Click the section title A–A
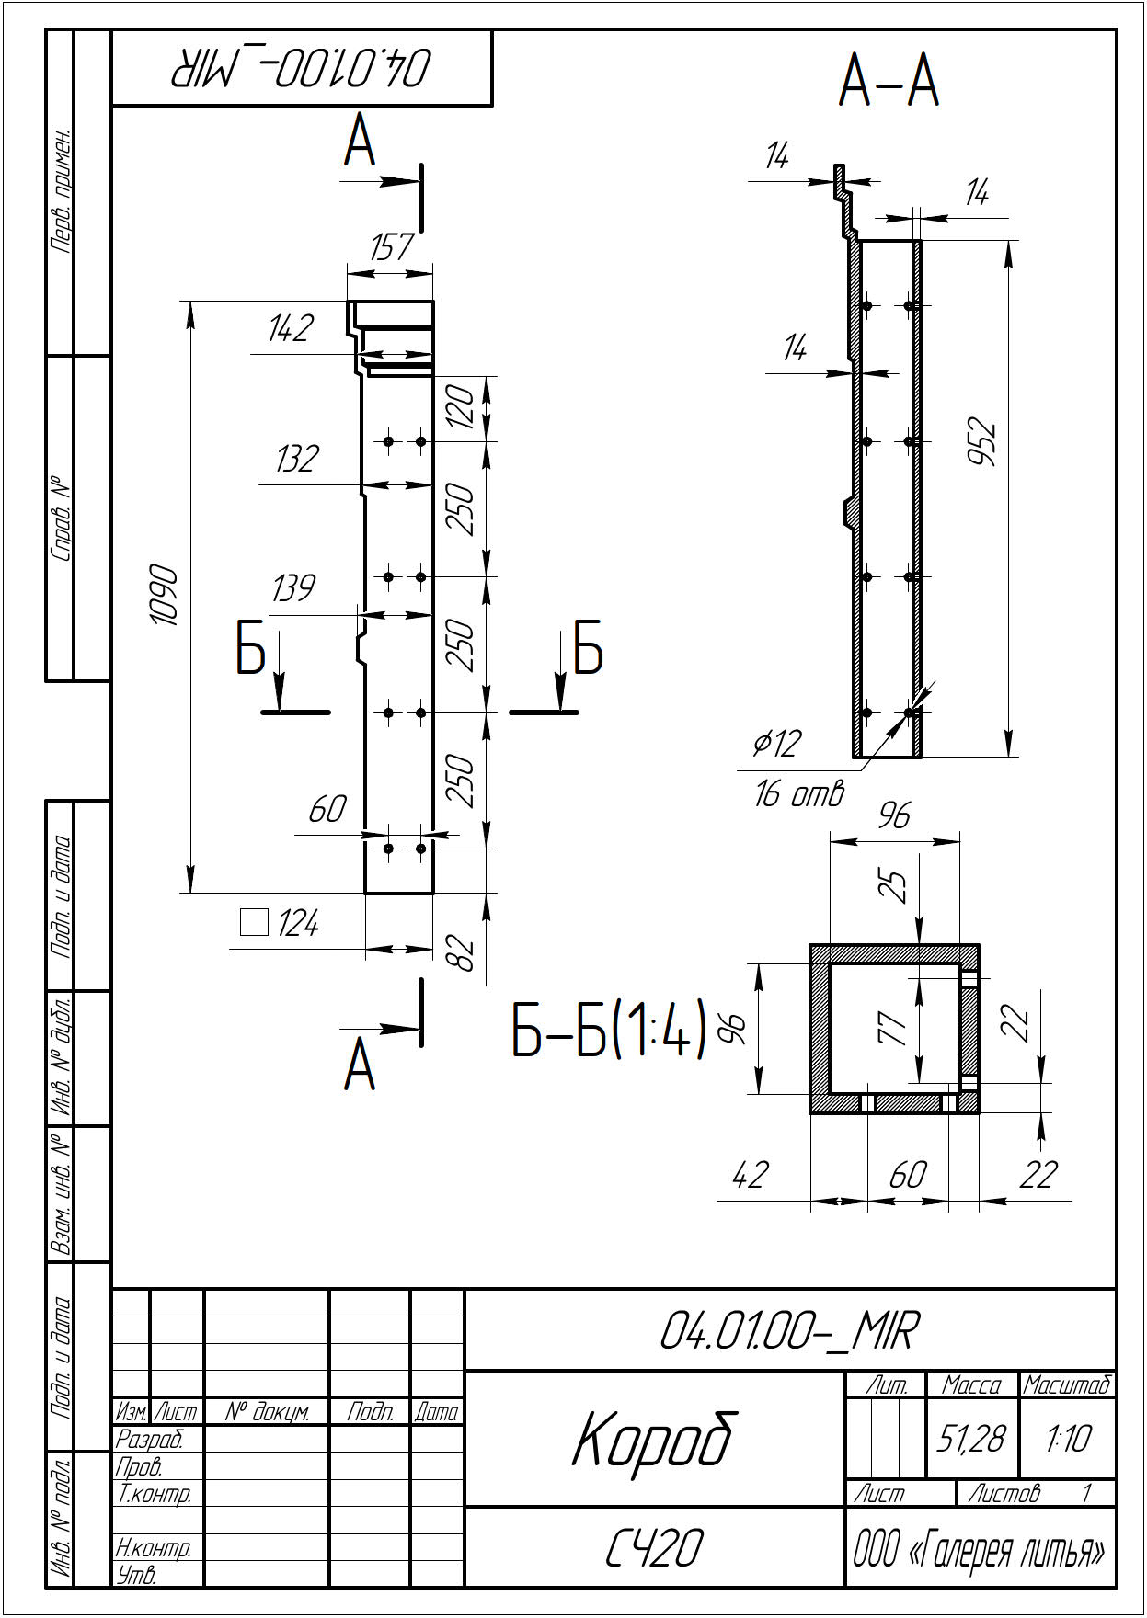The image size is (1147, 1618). (x=889, y=81)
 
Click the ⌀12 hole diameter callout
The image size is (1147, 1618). (x=777, y=743)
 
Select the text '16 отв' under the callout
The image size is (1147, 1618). (x=798, y=793)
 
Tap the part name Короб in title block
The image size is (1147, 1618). (x=654, y=1439)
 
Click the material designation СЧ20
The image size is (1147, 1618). (x=654, y=1548)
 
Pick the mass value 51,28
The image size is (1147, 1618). (x=971, y=1439)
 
